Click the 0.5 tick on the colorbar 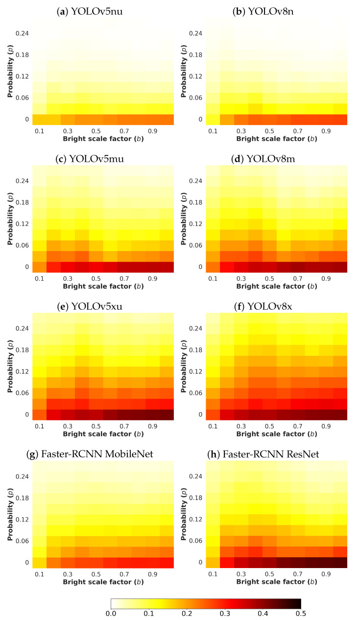(x=301, y=612)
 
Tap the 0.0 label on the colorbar (x=111, y=612)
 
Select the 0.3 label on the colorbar (x=225, y=612)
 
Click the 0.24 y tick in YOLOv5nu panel (x=24, y=33)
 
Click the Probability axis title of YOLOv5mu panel (x=10, y=217)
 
